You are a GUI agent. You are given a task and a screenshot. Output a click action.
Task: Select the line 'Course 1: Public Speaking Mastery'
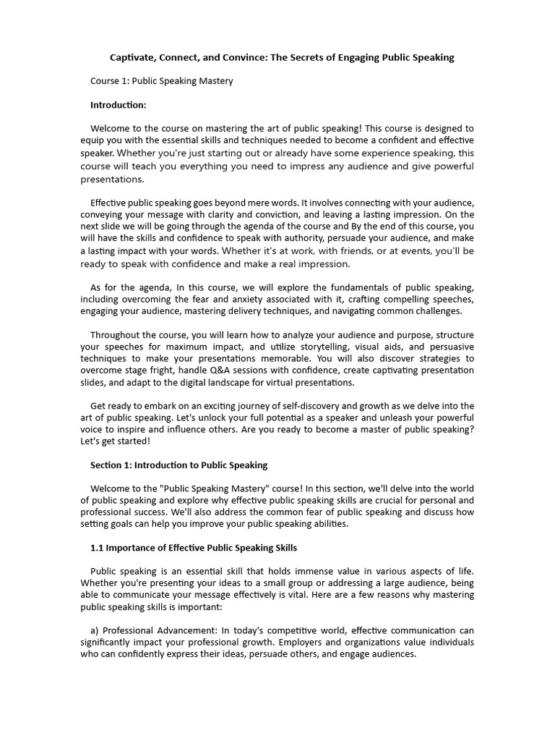point(161,81)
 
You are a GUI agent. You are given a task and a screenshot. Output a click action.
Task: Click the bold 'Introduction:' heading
point(118,105)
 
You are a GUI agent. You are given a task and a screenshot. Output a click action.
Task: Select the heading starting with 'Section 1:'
point(178,465)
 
